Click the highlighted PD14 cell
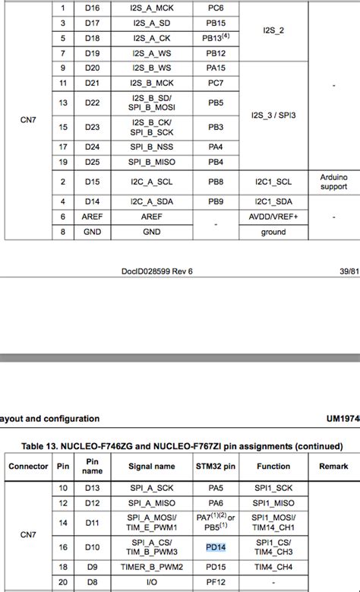pos(216,546)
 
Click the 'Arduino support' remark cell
pos(333,182)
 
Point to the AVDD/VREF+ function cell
pos(273,217)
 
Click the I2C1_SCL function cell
pos(273,182)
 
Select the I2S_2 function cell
pos(273,30)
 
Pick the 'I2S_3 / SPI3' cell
pos(273,115)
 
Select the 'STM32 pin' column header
pos(216,466)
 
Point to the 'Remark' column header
pos(333,466)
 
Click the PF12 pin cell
pos(216,583)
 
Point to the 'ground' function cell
pos(273,232)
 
